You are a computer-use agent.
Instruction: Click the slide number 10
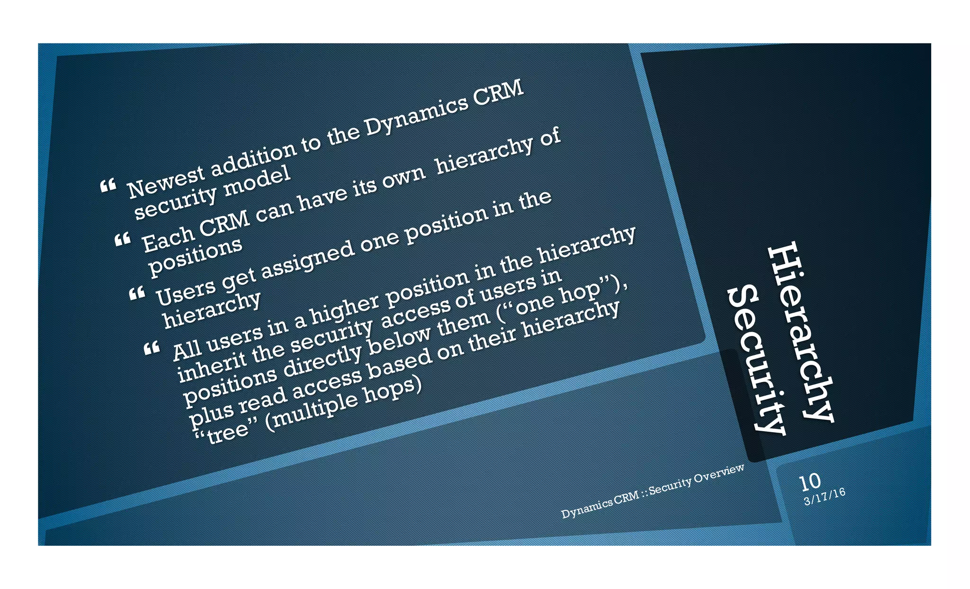(809, 481)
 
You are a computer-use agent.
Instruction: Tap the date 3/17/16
(825, 496)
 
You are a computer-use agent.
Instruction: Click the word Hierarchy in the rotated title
(800, 332)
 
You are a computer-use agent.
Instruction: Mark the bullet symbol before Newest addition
(108, 186)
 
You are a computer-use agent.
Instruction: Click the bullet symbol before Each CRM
(123, 239)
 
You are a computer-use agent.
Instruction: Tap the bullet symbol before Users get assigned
(137, 294)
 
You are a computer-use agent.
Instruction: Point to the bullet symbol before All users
(152, 349)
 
